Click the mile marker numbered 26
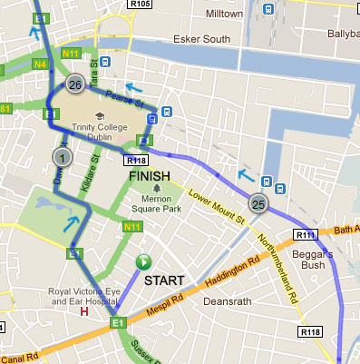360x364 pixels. tap(74, 85)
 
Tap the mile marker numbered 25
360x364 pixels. tap(258, 203)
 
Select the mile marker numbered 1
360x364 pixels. tap(62, 158)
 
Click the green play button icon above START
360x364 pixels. tap(142, 262)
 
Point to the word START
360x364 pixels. tap(164, 280)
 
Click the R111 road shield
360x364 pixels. tap(304, 235)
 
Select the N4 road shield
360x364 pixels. tap(40, 64)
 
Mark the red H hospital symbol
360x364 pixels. tap(83, 312)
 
